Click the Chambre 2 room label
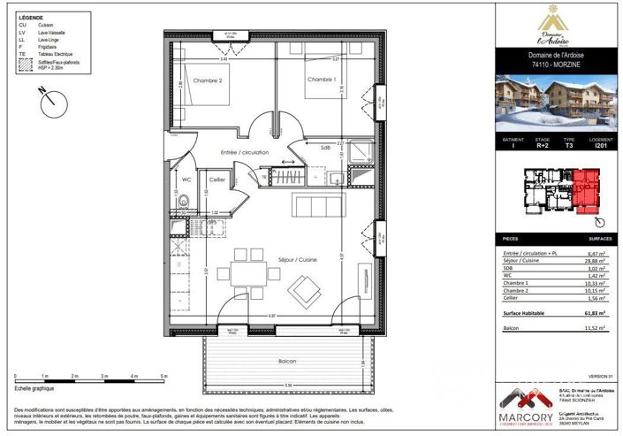209,81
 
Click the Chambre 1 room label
321,80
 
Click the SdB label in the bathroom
326,149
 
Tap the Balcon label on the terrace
286,363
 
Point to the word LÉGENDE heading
30,18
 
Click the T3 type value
569,144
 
